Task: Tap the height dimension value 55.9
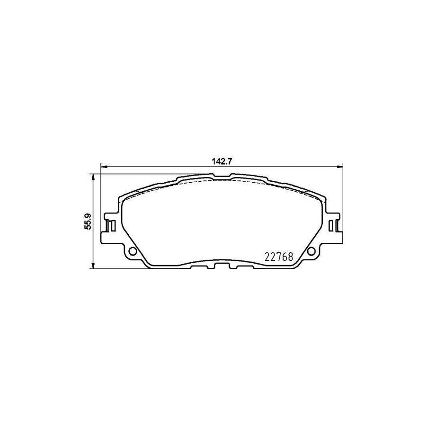(87, 221)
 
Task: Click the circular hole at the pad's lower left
(133, 251)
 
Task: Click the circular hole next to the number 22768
(311, 251)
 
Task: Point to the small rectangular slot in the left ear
(111, 226)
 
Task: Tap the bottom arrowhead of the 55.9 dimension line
(93, 266)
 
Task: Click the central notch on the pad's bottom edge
(221, 265)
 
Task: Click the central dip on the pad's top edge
(222, 177)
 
